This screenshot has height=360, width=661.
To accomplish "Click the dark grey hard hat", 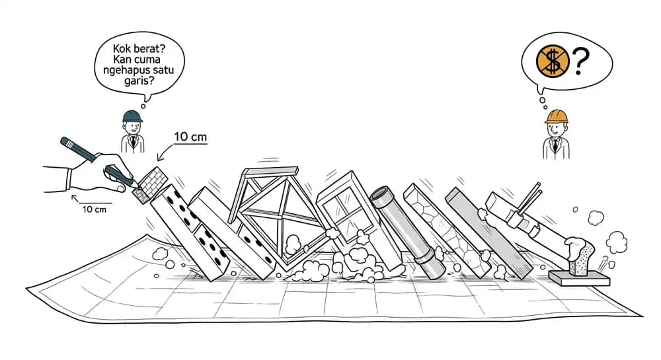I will (132, 116).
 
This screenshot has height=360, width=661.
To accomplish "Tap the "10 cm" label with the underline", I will (190, 137).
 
